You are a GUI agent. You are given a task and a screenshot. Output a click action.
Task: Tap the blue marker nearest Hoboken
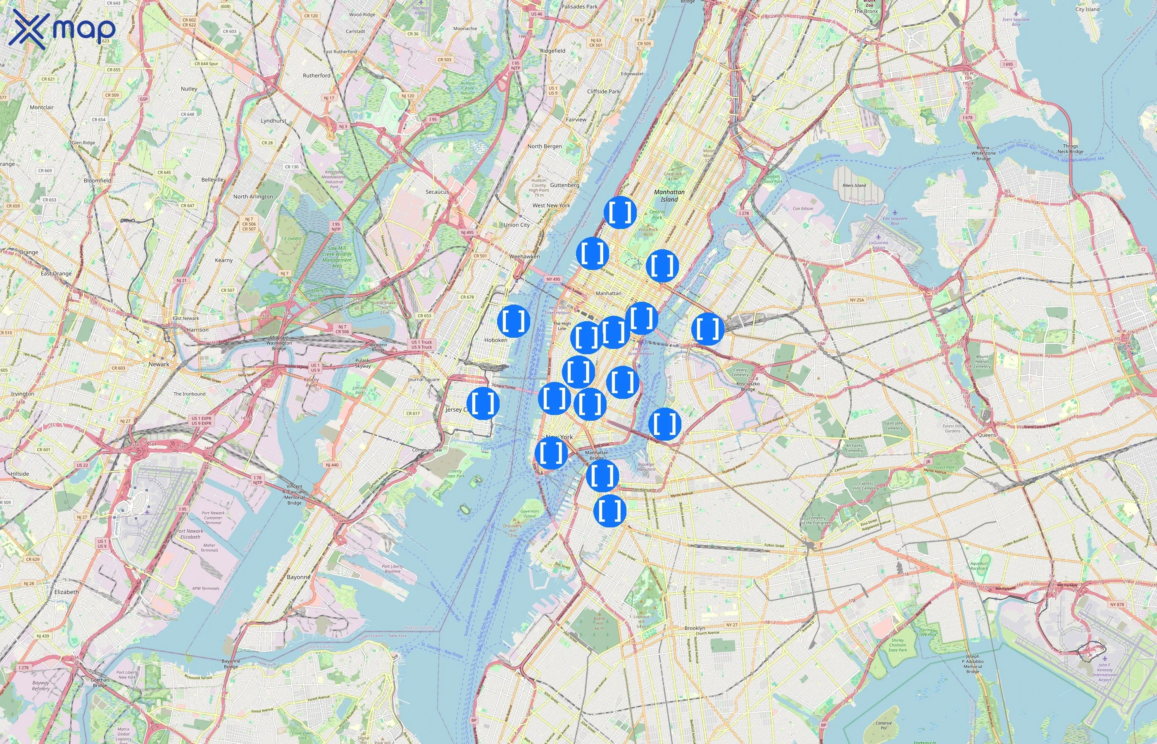pyautogui.click(x=513, y=321)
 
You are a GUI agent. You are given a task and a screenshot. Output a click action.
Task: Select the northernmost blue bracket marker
pyautogui.click(x=620, y=212)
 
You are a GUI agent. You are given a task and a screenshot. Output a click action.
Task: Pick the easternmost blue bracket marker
pyautogui.click(x=707, y=329)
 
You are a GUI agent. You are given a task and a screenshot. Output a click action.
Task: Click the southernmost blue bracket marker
pyautogui.click(x=610, y=510)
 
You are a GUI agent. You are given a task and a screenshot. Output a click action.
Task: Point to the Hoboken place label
pyautogui.click(x=495, y=340)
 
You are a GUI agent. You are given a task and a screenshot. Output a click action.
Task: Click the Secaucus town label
pyautogui.click(x=437, y=192)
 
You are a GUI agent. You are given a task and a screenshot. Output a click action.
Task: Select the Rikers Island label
pyautogui.click(x=854, y=186)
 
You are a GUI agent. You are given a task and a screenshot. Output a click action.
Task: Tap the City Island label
pyautogui.click(x=1087, y=9)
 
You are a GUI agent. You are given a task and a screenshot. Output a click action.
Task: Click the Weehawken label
pyautogui.click(x=524, y=257)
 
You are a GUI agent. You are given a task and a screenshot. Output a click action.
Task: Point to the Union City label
pyautogui.click(x=516, y=225)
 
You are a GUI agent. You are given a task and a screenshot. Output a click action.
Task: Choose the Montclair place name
pyautogui.click(x=42, y=107)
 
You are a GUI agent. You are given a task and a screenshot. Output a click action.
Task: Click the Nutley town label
pyautogui.click(x=189, y=89)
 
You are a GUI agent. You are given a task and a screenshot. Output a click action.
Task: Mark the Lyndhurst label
pyautogui.click(x=273, y=121)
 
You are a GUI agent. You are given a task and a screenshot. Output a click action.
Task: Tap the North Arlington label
pyautogui.click(x=253, y=197)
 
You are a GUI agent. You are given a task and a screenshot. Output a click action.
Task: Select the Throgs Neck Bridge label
pyautogui.click(x=1070, y=149)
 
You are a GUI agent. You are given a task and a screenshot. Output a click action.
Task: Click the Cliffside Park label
pyautogui.click(x=603, y=91)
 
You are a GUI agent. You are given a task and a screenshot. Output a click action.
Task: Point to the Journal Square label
pyautogui.click(x=424, y=379)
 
